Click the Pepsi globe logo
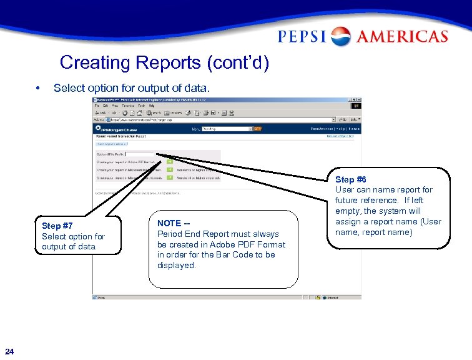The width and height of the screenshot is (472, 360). [341, 36]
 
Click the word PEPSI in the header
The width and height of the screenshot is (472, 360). [303, 37]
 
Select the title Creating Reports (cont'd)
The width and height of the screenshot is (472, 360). [164, 63]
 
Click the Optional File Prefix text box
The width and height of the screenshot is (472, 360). [139, 153]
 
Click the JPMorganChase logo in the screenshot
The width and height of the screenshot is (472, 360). [113, 129]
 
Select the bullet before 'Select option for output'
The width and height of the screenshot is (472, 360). [39, 88]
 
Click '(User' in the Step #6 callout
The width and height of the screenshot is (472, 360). [429, 221]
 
